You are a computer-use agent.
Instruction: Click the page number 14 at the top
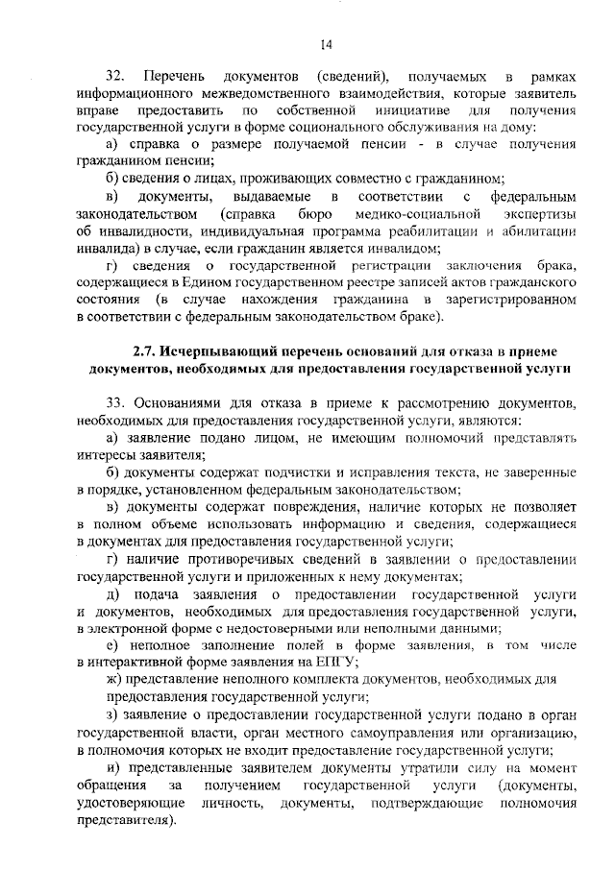(x=326, y=42)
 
